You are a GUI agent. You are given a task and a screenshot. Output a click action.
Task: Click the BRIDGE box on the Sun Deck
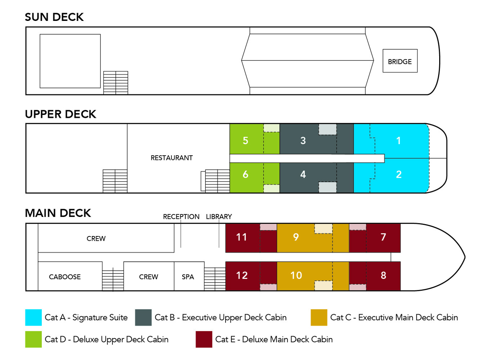(400, 61)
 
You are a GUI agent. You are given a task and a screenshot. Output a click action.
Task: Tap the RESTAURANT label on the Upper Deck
(171, 158)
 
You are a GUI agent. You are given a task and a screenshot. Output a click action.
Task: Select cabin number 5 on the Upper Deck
(245, 141)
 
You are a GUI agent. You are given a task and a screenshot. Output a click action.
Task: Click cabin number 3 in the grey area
(303, 141)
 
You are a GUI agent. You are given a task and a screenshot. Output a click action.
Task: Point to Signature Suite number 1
(398, 141)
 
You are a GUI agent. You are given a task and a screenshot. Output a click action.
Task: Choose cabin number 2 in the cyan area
(398, 174)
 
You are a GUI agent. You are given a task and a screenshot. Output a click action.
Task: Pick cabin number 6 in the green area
(245, 174)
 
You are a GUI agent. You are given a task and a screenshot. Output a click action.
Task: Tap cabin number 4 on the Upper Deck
(303, 174)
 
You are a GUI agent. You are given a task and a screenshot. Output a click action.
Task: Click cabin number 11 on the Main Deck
(241, 237)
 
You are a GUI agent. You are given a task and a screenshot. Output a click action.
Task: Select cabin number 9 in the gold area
(296, 237)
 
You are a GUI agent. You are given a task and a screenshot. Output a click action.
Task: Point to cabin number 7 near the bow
(383, 237)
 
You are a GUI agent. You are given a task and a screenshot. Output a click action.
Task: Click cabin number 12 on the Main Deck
(241, 276)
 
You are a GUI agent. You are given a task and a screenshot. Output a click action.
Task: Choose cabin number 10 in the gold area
(296, 276)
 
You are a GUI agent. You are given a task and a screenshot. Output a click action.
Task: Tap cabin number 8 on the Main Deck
(383, 276)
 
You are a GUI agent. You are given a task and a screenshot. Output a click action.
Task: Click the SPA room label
(188, 277)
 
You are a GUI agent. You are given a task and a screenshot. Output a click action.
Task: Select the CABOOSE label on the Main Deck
(65, 277)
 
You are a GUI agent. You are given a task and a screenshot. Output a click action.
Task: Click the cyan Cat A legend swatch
(34, 317)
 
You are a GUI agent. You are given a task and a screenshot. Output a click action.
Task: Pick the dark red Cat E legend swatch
(204, 339)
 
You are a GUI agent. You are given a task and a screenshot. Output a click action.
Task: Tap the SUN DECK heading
(54, 17)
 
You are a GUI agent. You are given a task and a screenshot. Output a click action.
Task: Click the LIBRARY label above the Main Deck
(219, 217)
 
